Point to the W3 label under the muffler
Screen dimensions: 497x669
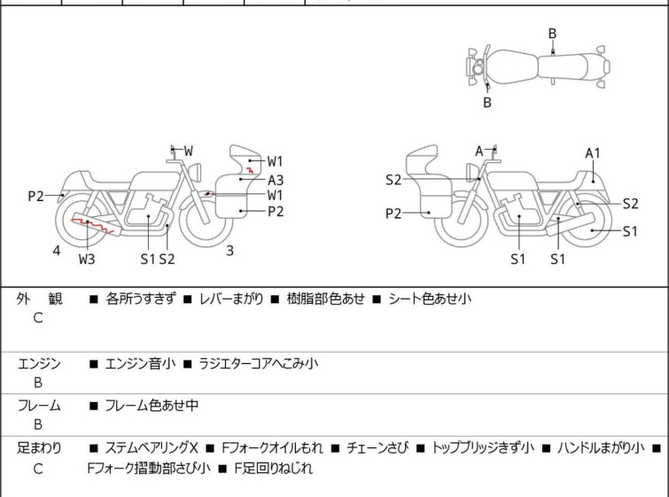[x=87, y=259]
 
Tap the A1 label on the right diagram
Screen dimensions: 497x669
[x=593, y=153]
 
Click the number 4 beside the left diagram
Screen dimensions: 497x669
[x=57, y=251]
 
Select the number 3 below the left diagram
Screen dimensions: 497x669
[x=229, y=251]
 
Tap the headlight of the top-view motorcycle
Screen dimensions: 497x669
[x=478, y=67]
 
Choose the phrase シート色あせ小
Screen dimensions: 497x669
[x=430, y=299]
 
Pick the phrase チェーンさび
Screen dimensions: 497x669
[x=377, y=447]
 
